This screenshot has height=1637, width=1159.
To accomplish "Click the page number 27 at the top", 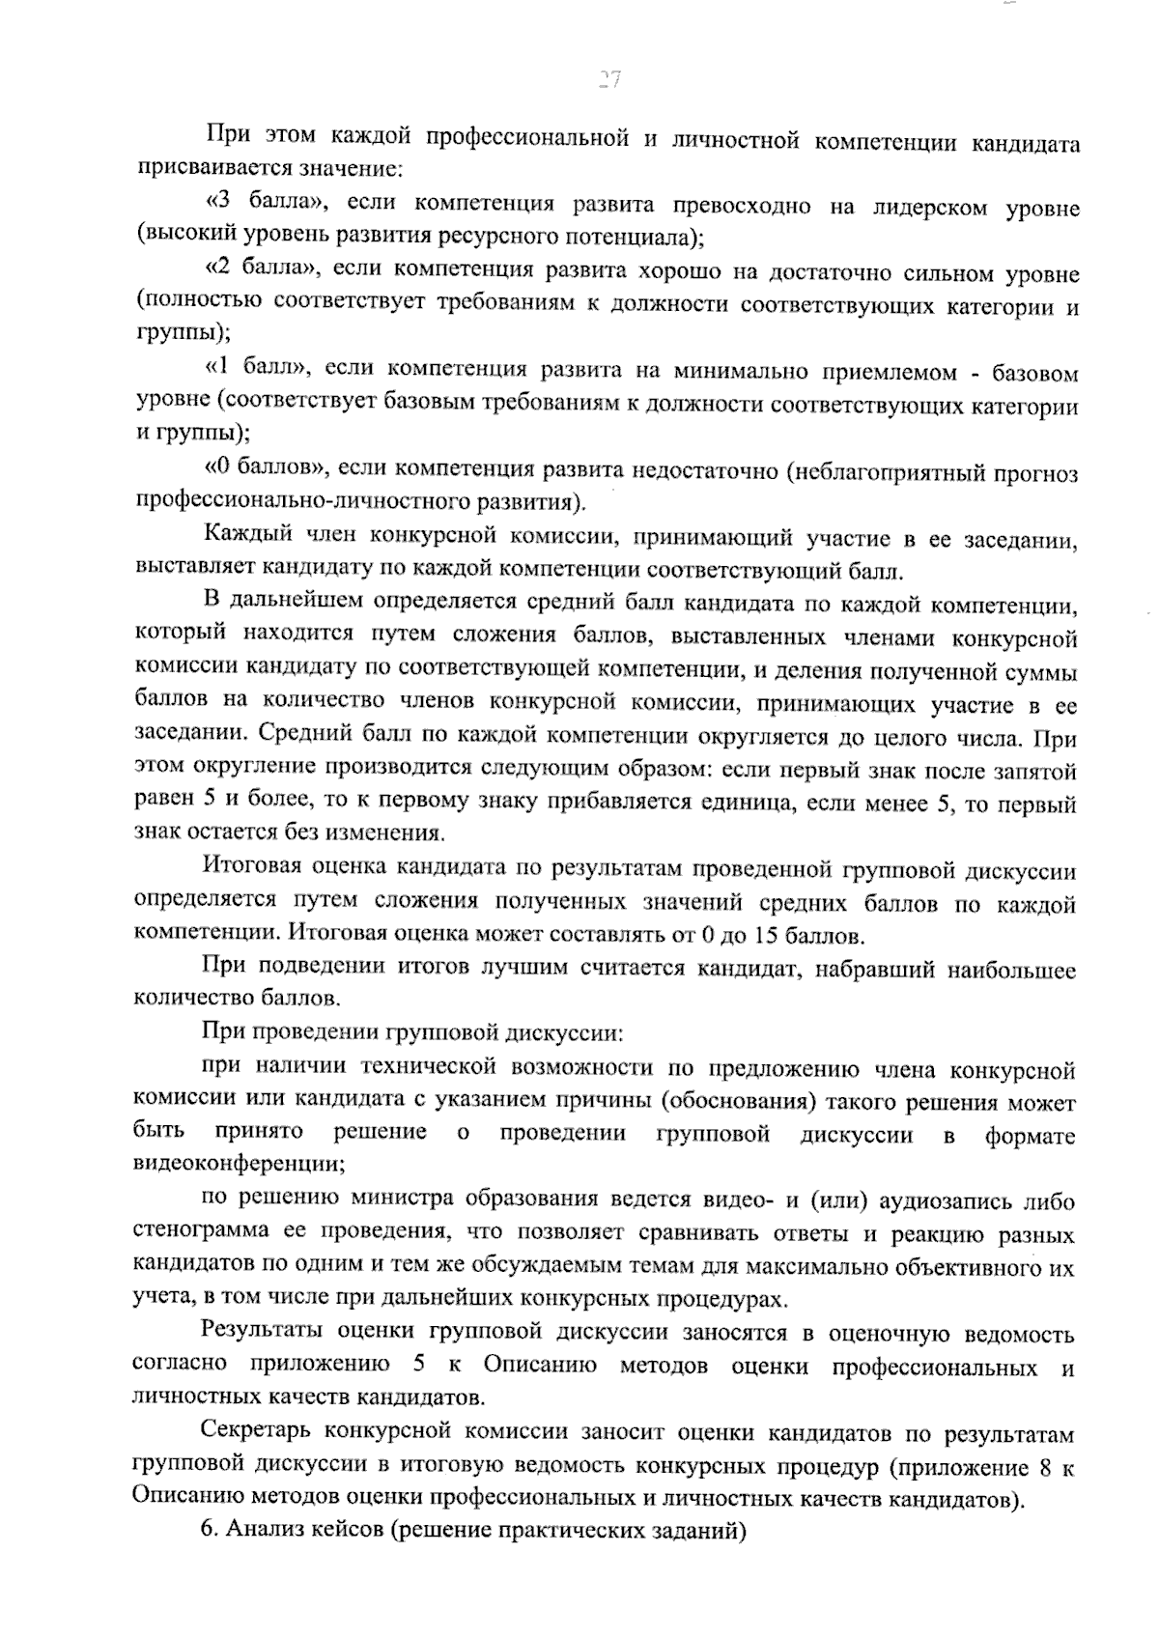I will point(608,80).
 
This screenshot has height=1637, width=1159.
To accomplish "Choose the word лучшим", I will point(524,968).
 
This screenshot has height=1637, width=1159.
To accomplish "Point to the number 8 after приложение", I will point(1041,1468).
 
